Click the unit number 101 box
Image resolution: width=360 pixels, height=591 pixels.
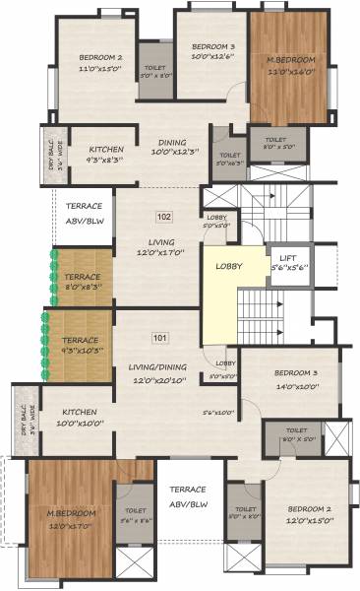click(160, 339)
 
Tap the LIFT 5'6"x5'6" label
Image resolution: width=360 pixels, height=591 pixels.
click(288, 262)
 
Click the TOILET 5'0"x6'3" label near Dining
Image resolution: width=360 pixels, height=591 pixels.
click(230, 160)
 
